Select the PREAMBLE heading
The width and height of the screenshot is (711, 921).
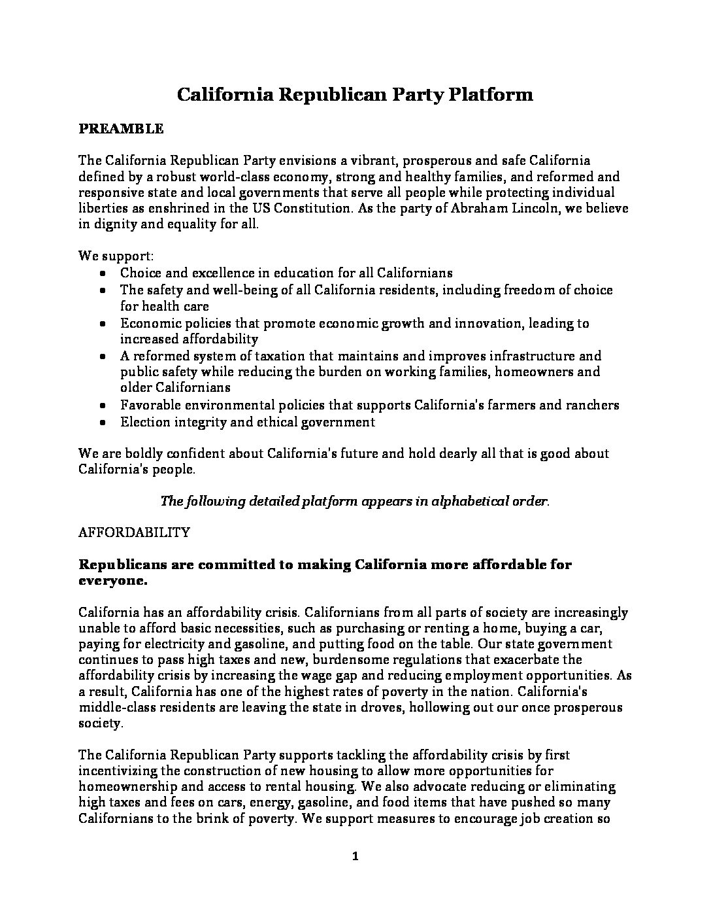[x=121, y=129]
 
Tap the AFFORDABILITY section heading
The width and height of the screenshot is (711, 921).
[x=134, y=532]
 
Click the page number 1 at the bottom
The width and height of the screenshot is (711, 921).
[x=355, y=858]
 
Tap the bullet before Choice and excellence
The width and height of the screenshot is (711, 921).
[x=103, y=274]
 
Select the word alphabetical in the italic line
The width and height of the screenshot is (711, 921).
[x=452, y=501]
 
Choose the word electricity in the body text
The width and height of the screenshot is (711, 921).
[x=155, y=644]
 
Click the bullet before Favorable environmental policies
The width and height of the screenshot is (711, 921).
[x=103, y=406]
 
